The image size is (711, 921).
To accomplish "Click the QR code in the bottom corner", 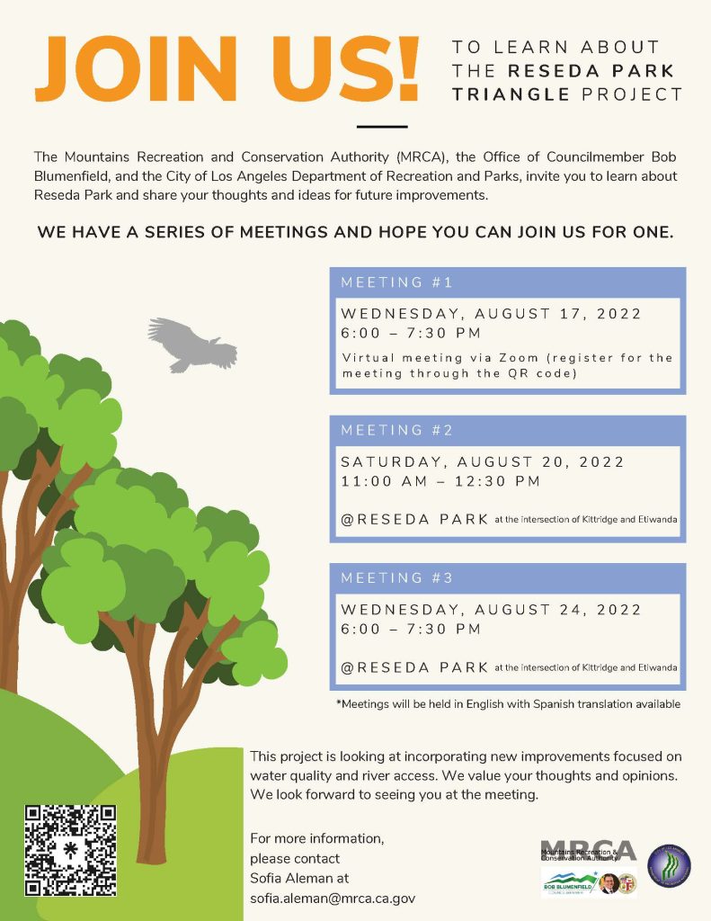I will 70,851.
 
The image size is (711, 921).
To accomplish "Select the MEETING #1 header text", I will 396,282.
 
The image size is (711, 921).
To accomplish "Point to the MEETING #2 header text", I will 396,430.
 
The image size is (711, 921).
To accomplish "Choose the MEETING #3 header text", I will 396,577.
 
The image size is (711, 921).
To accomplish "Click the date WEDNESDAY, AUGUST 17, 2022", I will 491,314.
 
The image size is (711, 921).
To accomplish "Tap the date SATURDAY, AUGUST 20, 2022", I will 482,462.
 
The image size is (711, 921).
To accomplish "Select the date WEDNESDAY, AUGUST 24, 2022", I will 491,610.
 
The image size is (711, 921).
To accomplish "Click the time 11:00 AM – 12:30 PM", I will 440,481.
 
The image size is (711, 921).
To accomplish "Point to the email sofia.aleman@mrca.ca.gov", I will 333,898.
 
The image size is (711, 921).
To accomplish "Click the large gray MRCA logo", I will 589,850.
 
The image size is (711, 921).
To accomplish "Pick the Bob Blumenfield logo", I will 568,883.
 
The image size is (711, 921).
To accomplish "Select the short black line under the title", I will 382,127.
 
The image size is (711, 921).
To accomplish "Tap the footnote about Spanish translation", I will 508,703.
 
